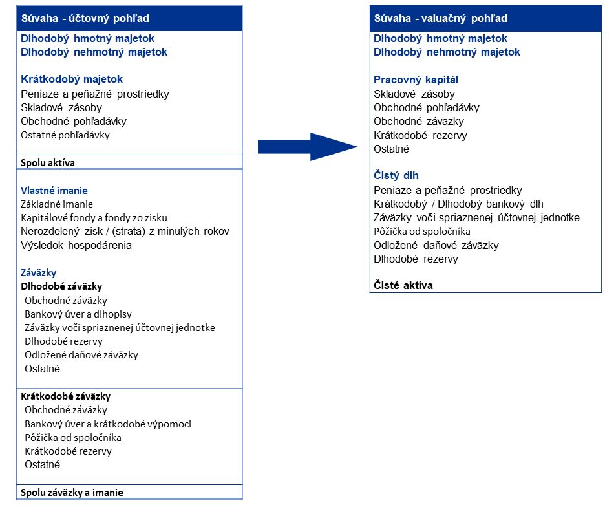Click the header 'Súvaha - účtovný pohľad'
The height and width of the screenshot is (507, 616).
85,19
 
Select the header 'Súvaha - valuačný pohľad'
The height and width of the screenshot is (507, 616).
441,18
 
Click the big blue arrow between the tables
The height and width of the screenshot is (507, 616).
307,147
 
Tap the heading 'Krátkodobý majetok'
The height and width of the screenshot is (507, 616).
72,80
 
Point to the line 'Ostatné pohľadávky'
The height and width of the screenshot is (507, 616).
65,135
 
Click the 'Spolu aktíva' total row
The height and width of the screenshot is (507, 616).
48,163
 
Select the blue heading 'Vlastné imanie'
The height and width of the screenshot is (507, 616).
54,191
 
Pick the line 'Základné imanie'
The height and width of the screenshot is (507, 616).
57,204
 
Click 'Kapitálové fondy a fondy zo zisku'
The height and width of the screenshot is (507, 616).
94,217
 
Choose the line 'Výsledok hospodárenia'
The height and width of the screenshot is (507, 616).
76,245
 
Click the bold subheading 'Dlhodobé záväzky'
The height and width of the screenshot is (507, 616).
61,286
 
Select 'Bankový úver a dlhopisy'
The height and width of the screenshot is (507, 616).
78,314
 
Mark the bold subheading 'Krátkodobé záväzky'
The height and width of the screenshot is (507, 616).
66,396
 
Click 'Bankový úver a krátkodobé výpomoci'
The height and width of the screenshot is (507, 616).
108,424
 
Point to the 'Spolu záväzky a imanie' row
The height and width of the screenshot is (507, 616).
72,493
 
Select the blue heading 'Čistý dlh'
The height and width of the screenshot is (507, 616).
396,176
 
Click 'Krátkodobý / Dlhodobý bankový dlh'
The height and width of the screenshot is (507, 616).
458,204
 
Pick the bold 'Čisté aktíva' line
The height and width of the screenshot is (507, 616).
403,286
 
